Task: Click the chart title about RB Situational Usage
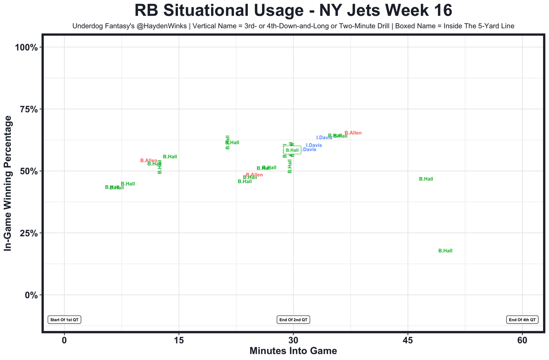[x=293, y=10]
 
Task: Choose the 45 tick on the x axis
[x=408, y=341]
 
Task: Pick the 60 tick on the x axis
[x=522, y=341]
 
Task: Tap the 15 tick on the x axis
[x=178, y=341]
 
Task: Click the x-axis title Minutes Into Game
[x=293, y=351]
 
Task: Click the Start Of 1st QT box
[x=64, y=320]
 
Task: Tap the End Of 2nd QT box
[x=293, y=320]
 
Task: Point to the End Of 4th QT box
[x=522, y=320]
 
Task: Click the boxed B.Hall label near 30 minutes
[x=292, y=150]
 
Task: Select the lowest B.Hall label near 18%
[x=445, y=251]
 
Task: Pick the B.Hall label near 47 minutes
[x=426, y=179]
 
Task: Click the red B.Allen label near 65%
[x=353, y=133]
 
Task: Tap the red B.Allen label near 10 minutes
[x=149, y=161]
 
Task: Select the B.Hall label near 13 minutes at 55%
[x=170, y=157]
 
